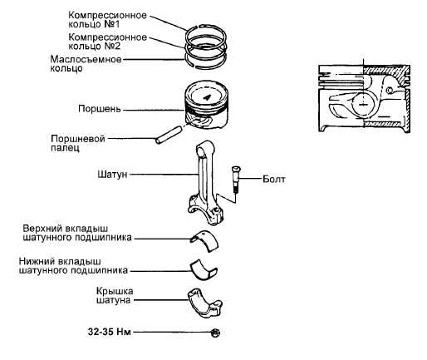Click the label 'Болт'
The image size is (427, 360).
(273, 179)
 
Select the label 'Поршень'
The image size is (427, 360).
(100, 109)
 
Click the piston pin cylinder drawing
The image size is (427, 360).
(169, 135)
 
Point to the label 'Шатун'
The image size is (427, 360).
(112, 175)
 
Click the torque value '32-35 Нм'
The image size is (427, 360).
(109, 332)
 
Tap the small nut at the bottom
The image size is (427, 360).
(215, 333)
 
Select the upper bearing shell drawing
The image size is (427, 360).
(204, 240)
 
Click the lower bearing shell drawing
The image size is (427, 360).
(204, 269)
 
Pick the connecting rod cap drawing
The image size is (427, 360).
(204, 303)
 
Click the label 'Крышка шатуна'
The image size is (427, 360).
(115, 295)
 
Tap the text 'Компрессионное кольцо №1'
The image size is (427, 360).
(107, 19)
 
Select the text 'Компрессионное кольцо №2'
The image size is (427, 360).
(107, 42)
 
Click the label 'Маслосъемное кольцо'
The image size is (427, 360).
(86, 63)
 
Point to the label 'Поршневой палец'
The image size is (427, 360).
(78, 143)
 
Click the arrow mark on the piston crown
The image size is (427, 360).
(207, 97)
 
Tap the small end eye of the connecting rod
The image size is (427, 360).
(201, 150)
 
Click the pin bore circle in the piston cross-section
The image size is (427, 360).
(363, 105)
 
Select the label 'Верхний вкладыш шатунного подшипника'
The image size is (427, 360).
(77, 233)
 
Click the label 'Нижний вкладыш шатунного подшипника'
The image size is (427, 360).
(73, 266)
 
